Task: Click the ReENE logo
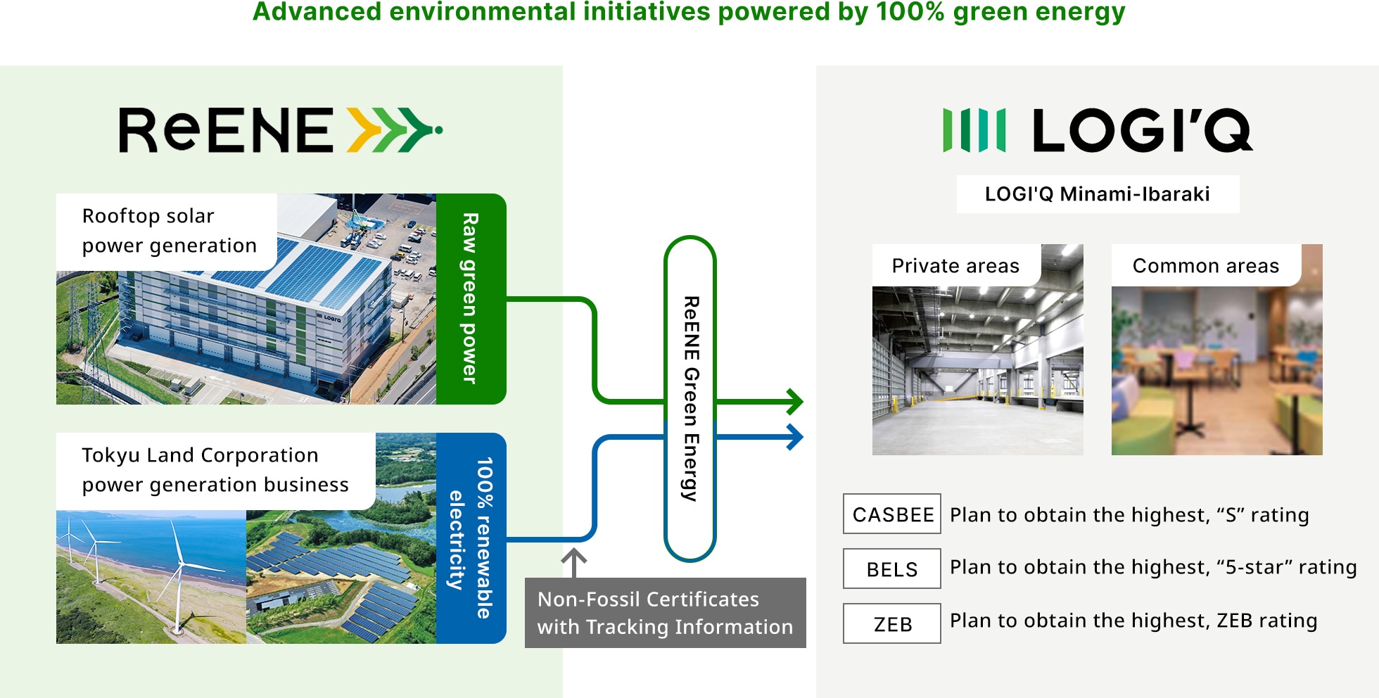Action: [x=280, y=130]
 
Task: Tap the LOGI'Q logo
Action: [x=1098, y=130]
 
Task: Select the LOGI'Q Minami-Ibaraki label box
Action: [x=1098, y=194]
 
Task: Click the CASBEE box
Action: [x=892, y=514]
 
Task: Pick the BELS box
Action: [x=892, y=569]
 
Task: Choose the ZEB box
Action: [x=892, y=623]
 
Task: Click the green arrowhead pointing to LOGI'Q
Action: [x=795, y=402]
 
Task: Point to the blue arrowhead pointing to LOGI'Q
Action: [x=795, y=437]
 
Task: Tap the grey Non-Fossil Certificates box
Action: [x=665, y=613]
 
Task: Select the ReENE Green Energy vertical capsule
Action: [x=690, y=398]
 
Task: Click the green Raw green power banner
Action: [x=471, y=299]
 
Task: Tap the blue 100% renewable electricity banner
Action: [x=471, y=538]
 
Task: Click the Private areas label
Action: [x=955, y=265]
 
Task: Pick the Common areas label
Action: [x=1206, y=265]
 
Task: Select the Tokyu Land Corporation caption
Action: [x=215, y=470]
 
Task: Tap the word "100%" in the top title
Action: [x=910, y=12]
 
